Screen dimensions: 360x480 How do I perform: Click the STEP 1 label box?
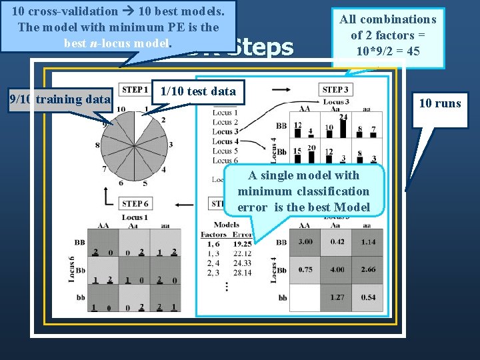[134, 90]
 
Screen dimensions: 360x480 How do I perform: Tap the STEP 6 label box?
[135, 203]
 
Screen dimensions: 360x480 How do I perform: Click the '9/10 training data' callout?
[59, 100]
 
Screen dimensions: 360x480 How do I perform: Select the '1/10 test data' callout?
[198, 91]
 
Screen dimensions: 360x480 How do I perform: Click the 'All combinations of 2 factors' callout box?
[388, 35]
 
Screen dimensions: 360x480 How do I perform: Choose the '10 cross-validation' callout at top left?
[117, 27]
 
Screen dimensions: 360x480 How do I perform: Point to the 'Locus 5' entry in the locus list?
[222, 151]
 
